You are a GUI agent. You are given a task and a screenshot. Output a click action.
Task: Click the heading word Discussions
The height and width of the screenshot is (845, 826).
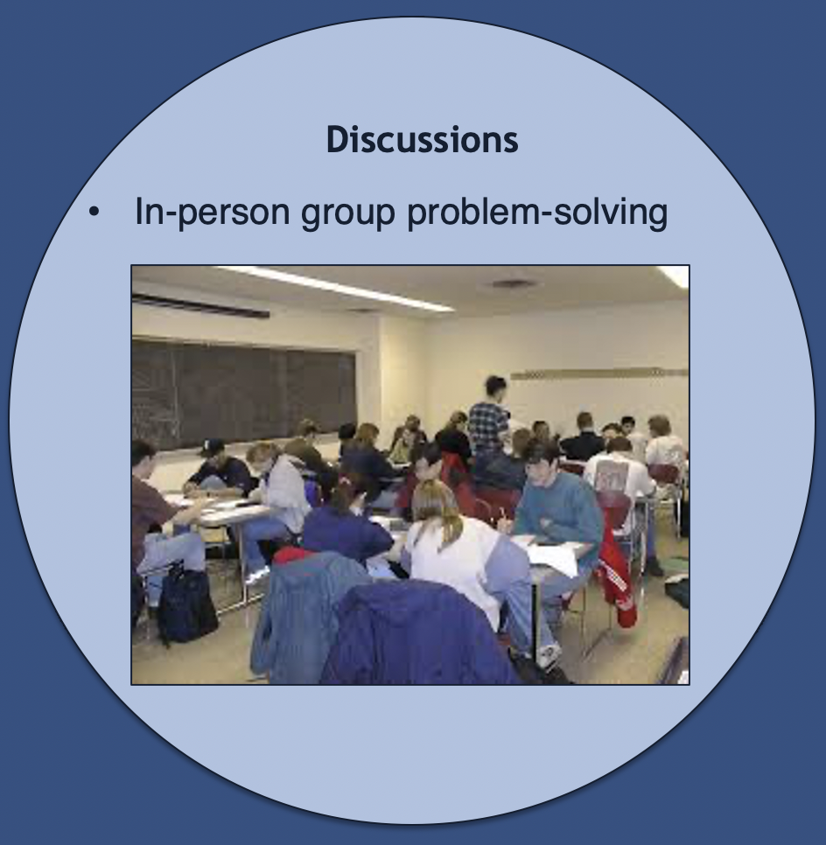tap(422, 140)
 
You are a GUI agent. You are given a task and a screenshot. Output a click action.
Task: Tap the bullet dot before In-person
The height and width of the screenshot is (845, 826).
tap(94, 212)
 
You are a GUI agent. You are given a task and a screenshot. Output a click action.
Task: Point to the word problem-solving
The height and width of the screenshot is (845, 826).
tap(537, 212)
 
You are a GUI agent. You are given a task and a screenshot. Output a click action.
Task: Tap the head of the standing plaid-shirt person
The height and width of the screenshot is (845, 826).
tap(495, 388)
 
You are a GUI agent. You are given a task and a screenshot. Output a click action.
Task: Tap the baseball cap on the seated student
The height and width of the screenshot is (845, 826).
tap(212, 446)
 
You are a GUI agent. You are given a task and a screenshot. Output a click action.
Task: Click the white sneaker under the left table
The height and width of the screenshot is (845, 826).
tap(256, 576)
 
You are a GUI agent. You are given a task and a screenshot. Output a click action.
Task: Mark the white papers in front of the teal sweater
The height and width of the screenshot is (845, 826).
tap(556, 558)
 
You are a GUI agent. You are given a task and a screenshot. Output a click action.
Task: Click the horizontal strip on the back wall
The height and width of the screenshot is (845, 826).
tap(599, 374)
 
